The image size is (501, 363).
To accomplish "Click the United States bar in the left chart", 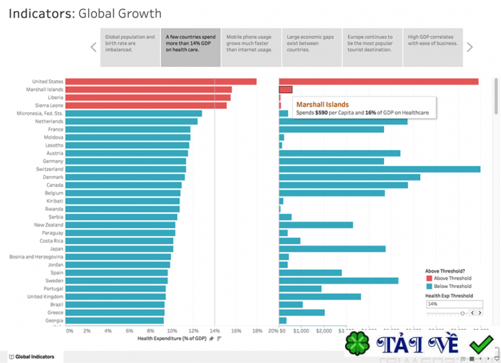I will point(160,81).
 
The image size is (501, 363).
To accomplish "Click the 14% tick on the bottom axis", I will point(214,330).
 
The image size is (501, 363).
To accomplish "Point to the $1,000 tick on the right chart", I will point(301,330).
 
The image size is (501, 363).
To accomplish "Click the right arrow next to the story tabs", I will point(470,47).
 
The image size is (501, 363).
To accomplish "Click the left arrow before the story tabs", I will point(93,47).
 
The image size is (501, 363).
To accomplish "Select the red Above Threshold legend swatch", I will point(429,279).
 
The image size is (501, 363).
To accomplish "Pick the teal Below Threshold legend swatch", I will point(429,286).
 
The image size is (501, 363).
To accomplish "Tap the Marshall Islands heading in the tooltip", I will point(322,105).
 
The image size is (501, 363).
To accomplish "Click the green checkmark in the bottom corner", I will point(482,344).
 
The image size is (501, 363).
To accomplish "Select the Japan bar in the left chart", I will point(119,248).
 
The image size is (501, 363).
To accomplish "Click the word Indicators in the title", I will point(41,13).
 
